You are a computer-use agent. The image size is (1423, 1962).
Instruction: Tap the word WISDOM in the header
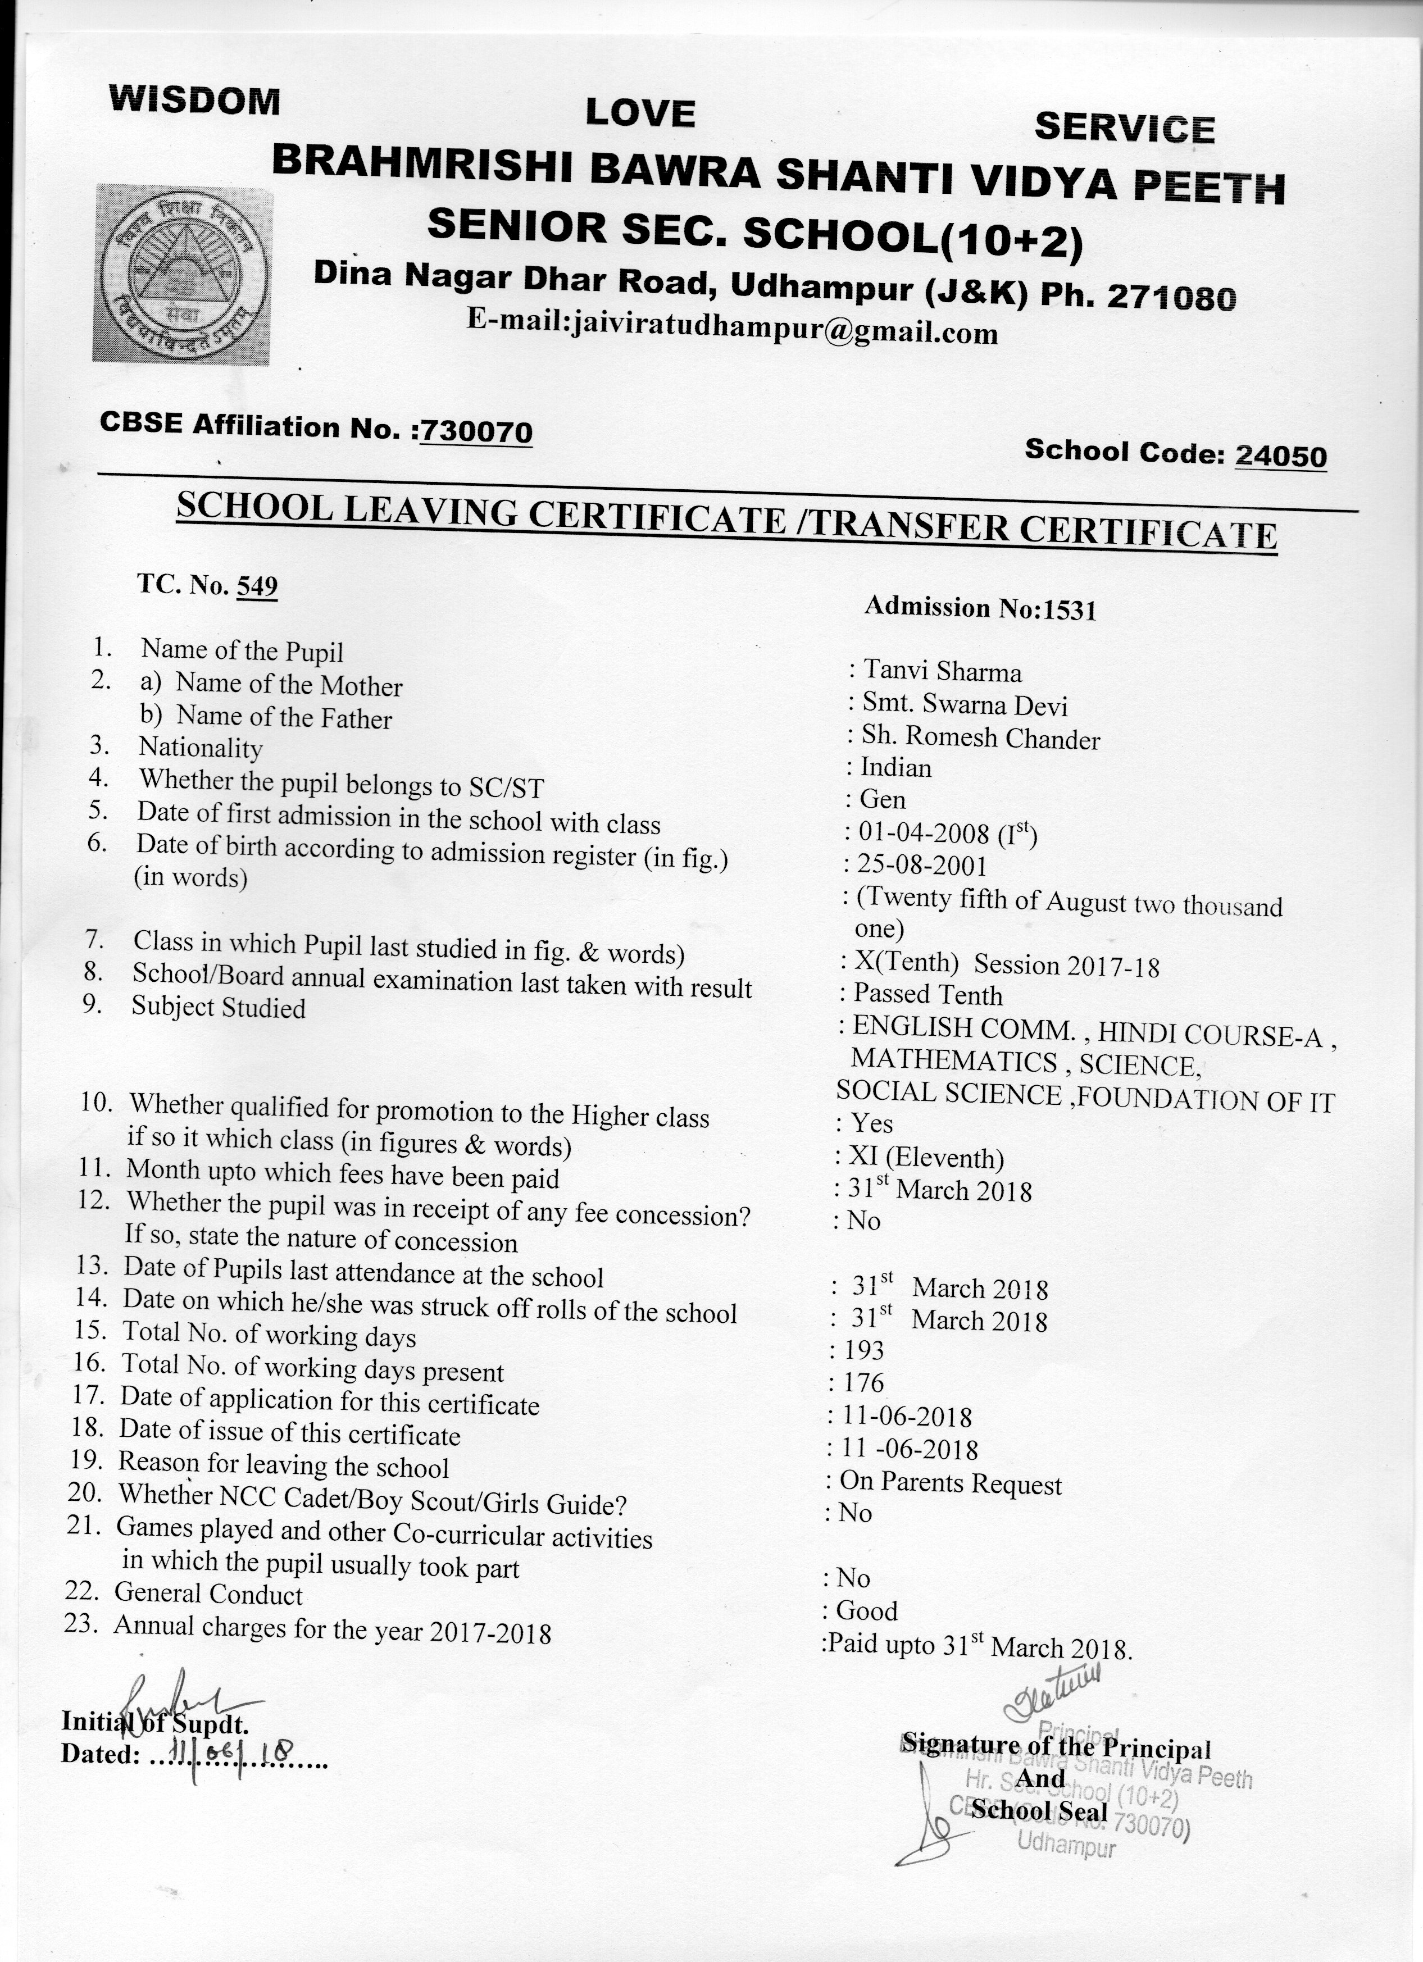(194, 101)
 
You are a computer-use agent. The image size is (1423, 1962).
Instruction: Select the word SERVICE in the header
(1125, 128)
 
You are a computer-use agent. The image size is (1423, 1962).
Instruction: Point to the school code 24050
(1280, 455)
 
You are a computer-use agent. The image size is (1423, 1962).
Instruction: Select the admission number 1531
(1070, 611)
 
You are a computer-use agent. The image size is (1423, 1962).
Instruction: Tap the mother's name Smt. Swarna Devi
(965, 704)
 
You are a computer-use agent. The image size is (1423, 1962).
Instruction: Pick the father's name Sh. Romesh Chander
(980, 738)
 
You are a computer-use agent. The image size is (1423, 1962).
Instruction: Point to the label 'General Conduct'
(208, 1594)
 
